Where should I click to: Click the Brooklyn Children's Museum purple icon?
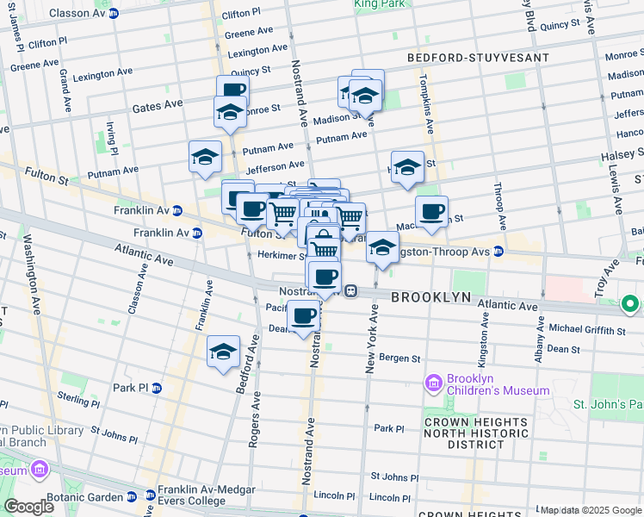[434, 382]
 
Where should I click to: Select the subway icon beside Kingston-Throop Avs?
[498, 251]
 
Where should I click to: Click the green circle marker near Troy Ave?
[630, 303]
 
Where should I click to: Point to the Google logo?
[29, 507]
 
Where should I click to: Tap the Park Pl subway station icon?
[156, 388]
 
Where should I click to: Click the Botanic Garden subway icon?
[131, 497]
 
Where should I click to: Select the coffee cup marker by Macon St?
[431, 210]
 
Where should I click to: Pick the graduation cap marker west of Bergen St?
[223, 351]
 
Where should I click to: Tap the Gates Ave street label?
[158, 104]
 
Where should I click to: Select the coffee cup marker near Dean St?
[303, 317]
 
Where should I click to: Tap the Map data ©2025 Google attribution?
[591, 510]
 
